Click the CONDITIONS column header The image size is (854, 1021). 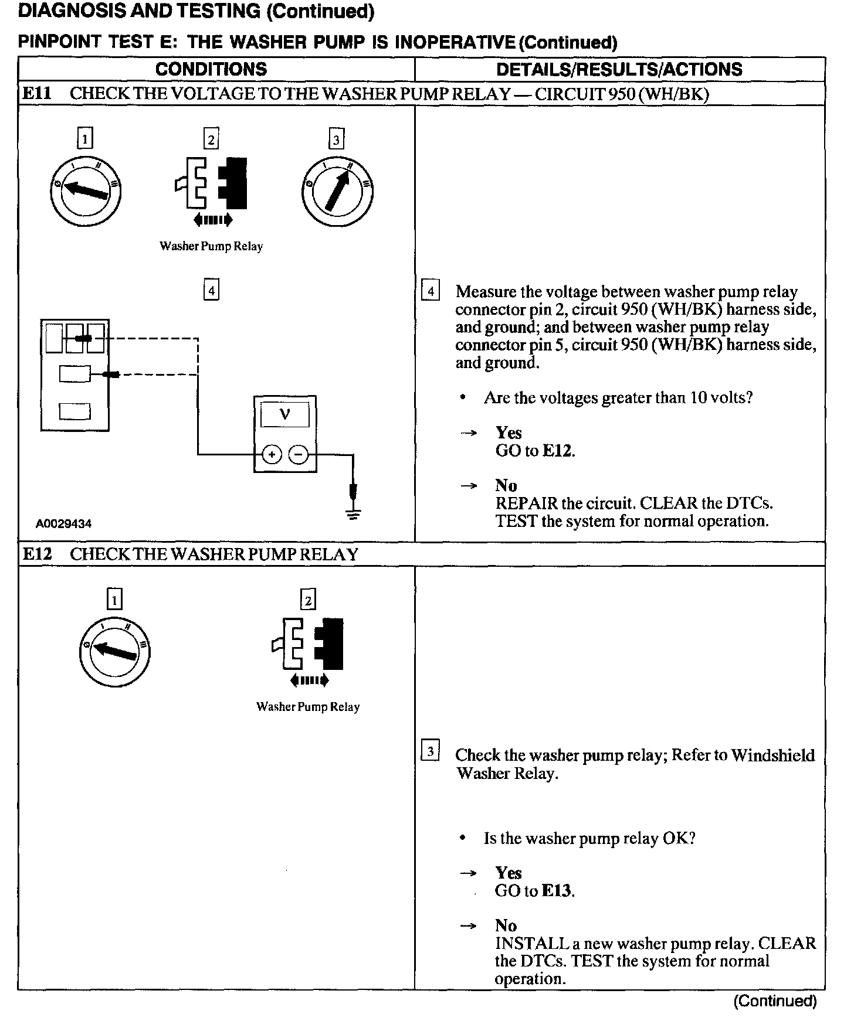coord(211,69)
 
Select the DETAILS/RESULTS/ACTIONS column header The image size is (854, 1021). coord(619,69)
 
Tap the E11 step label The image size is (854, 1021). coord(36,94)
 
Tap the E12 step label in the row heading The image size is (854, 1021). coord(36,554)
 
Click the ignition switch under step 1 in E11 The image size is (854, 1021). coord(86,191)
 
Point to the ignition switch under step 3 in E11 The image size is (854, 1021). coord(337,191)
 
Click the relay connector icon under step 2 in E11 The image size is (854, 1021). coord(211,183)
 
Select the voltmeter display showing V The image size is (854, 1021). coord(285,415)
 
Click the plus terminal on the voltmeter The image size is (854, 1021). coord(272,454)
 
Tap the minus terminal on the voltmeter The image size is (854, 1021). coord(299,454)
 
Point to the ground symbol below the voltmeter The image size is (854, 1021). coord(353,515)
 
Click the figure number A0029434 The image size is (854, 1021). coord(64,524)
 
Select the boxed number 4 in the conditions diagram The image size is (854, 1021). coord(211,291)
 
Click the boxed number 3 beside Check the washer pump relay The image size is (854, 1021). coord(431,751)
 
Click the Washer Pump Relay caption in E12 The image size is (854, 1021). coord(308,707)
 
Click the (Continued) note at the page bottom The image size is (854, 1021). coord(775,1001)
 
